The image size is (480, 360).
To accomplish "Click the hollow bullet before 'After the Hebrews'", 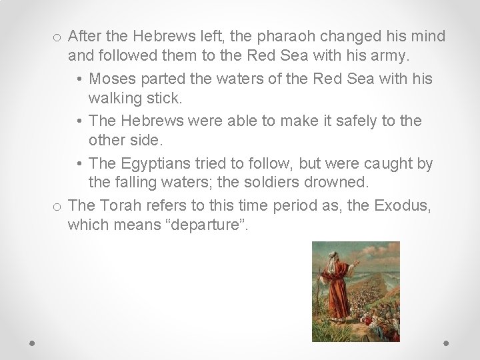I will click(58, 36).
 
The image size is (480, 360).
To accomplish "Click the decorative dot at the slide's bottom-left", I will click(32, 343).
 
